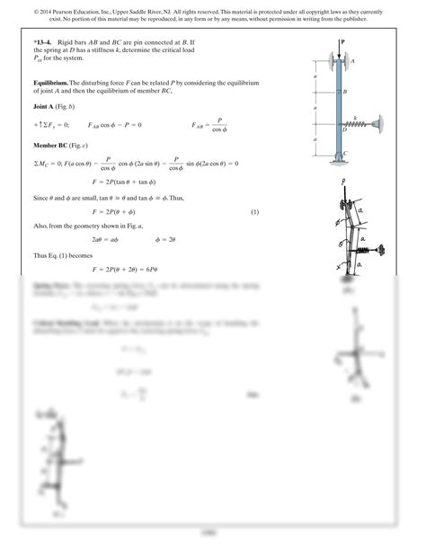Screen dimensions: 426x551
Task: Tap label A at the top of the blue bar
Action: [353, 60]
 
